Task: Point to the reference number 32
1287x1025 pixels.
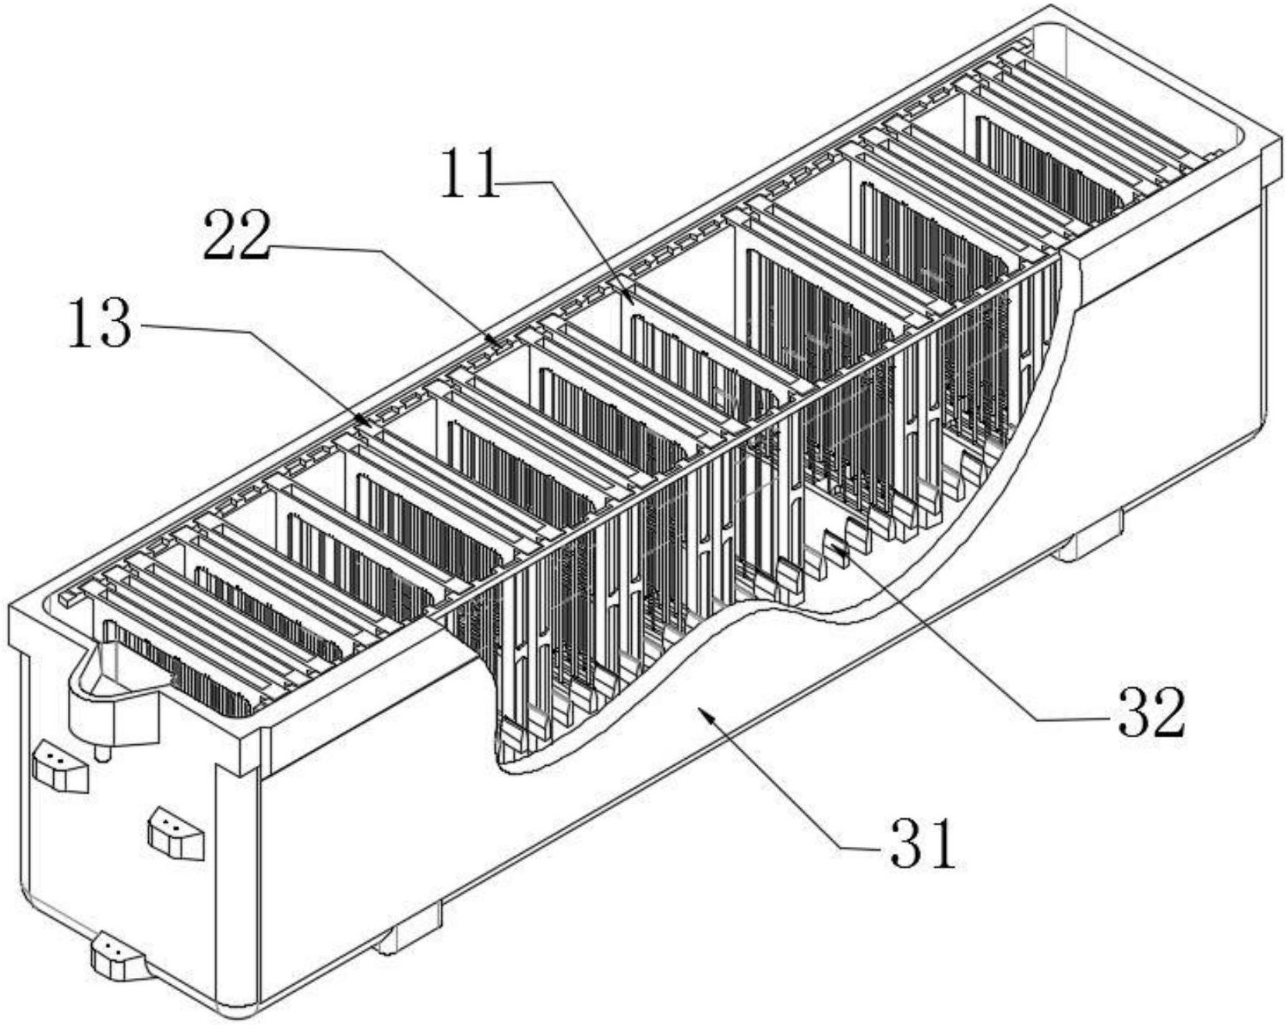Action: [1147, 712]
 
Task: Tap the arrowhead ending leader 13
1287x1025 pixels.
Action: [371, 424]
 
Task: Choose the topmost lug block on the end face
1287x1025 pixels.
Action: [59, 765]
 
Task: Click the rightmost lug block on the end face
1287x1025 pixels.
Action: [177, 833]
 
